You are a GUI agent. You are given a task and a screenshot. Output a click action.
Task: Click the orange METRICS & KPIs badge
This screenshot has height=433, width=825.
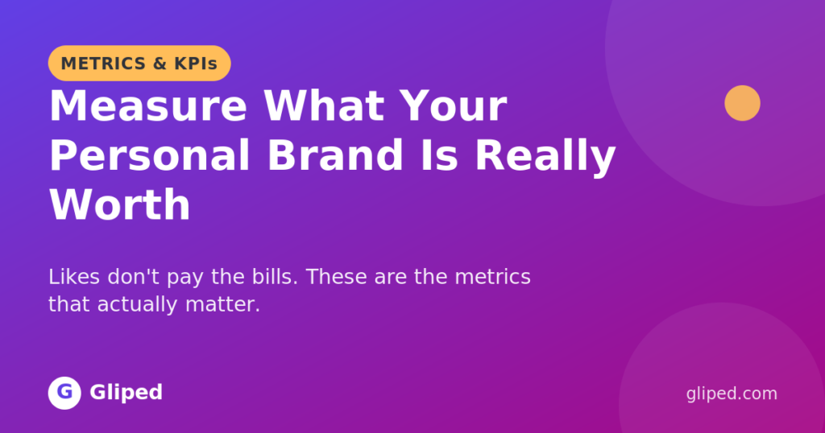(139, 63)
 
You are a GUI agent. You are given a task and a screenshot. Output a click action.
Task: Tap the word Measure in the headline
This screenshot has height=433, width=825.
(148, 106)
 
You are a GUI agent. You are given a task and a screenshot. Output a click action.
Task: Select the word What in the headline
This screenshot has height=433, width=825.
(324, 106)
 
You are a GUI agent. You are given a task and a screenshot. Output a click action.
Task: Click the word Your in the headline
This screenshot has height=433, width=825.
(453, 106)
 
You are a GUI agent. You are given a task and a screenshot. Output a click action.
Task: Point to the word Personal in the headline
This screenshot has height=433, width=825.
(150, 155)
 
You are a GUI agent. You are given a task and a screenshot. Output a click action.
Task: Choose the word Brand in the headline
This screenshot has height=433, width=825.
(335, 155)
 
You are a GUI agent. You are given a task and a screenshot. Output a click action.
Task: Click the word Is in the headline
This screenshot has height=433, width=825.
(439, 155)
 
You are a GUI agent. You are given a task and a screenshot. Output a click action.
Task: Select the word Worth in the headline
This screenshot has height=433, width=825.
(120, 205)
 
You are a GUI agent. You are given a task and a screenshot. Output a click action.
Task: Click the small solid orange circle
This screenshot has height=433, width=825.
(742, 103)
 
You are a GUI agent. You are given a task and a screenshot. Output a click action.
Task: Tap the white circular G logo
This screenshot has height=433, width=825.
(64, 393)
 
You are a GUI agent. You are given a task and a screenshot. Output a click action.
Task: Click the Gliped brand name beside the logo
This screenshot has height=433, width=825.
(126, 393)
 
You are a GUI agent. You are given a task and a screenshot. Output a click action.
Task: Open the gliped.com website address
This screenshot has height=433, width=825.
(732, 394)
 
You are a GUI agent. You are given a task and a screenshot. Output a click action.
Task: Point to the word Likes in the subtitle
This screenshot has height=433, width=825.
(74, 276)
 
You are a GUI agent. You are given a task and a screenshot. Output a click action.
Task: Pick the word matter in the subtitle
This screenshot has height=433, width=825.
(222, 305)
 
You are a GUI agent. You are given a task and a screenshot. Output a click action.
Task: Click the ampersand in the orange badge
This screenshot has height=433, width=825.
(160, 64)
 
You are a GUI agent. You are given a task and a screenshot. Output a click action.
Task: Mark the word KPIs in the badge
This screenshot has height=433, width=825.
(196, 64)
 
